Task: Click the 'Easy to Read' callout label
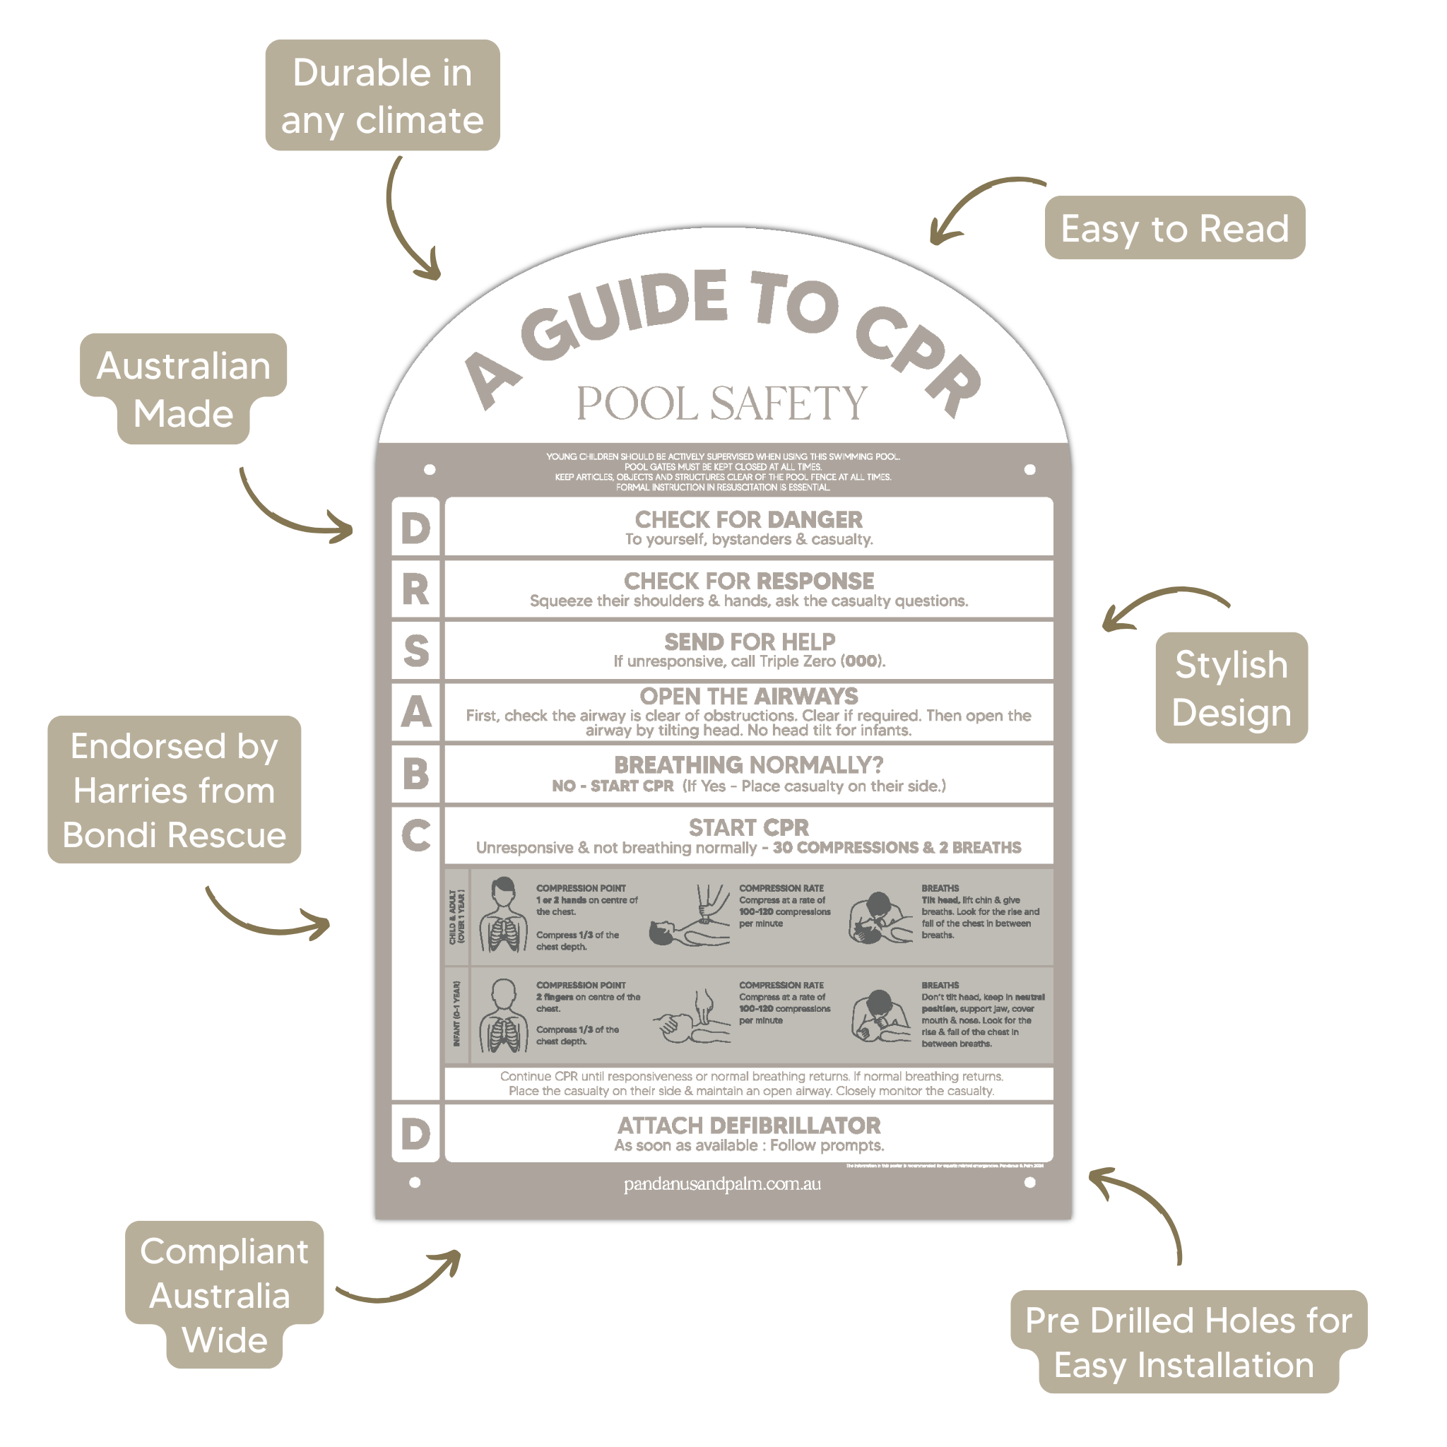tap(1174, 228)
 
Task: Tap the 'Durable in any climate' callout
tap(382, 95)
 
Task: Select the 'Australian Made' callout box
tap(183, 389)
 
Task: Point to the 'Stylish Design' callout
tap(1231, 687)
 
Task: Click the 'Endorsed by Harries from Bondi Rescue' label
tap(174, 789)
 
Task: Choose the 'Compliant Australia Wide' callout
tap(223, 1295)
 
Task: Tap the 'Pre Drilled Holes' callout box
tap(1188, 1342)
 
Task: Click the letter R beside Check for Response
tap(415, 589)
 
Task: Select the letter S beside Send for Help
tap(415, 650)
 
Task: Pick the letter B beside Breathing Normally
tap(415, 774)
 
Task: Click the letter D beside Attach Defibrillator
tap(415, 1134)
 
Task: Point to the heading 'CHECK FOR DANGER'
tap(748, 519)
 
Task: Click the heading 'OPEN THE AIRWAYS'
tap(748, 696)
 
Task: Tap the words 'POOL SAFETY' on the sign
tap(721, 403)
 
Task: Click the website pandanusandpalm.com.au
tap(722, 1184)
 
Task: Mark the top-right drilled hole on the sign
tap(1030, 470)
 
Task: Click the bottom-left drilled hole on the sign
tap(415, 1183)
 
